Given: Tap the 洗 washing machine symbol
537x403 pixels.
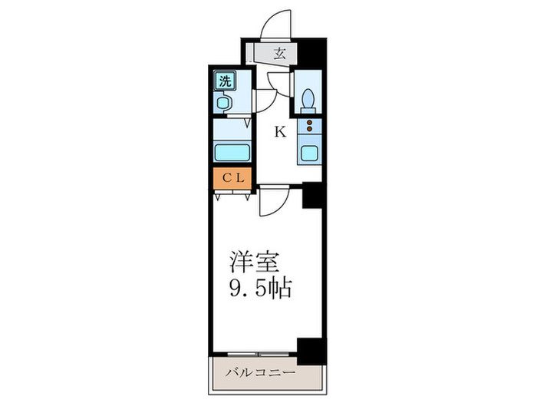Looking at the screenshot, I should [225, 81].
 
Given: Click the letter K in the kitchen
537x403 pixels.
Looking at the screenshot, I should [280, 132].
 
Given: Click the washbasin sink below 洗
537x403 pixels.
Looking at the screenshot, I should [224, 102].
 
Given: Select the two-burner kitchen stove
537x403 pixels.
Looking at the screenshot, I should [310, 127].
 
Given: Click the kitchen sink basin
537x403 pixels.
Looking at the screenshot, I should [309, 151].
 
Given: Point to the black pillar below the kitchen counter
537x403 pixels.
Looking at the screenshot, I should [311, 196].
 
